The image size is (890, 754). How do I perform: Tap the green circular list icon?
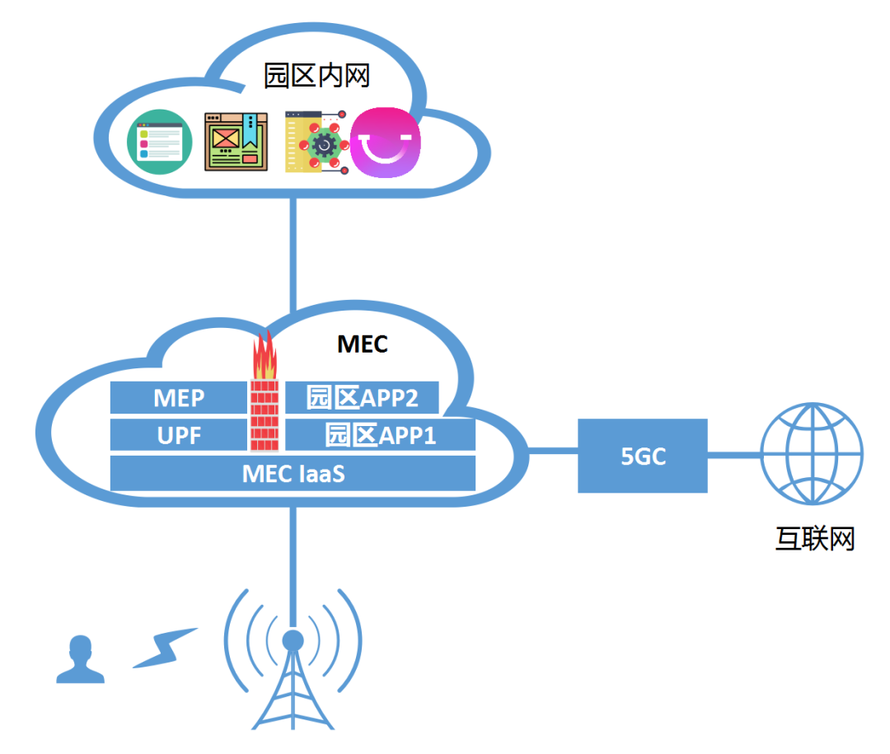(x=159, y=143)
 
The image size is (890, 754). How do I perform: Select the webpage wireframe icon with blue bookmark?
(x=237, y=142)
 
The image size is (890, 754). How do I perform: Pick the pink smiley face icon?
(x=386, y=143)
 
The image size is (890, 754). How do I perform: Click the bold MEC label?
(x=362, y=344)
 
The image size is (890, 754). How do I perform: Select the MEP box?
(x=179, y=398)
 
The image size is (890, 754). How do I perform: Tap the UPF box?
(x=179, y=435)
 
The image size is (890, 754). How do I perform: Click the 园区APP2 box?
(x=362, y=398)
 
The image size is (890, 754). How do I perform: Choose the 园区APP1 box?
(x=380, y=435)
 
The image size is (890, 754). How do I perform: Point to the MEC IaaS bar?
(x=293, y=474)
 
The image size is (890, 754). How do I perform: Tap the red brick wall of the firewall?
(x=265, y=416)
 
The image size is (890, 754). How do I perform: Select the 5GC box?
(x=643, y=456)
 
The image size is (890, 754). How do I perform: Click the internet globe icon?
(x=811, y=453)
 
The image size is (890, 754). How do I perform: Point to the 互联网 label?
(x=814, y=540)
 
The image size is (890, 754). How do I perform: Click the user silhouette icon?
(x=80, y=660)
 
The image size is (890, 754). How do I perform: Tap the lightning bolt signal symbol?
(x=165, y=648)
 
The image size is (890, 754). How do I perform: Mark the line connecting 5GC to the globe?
(x=733, y=454)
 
